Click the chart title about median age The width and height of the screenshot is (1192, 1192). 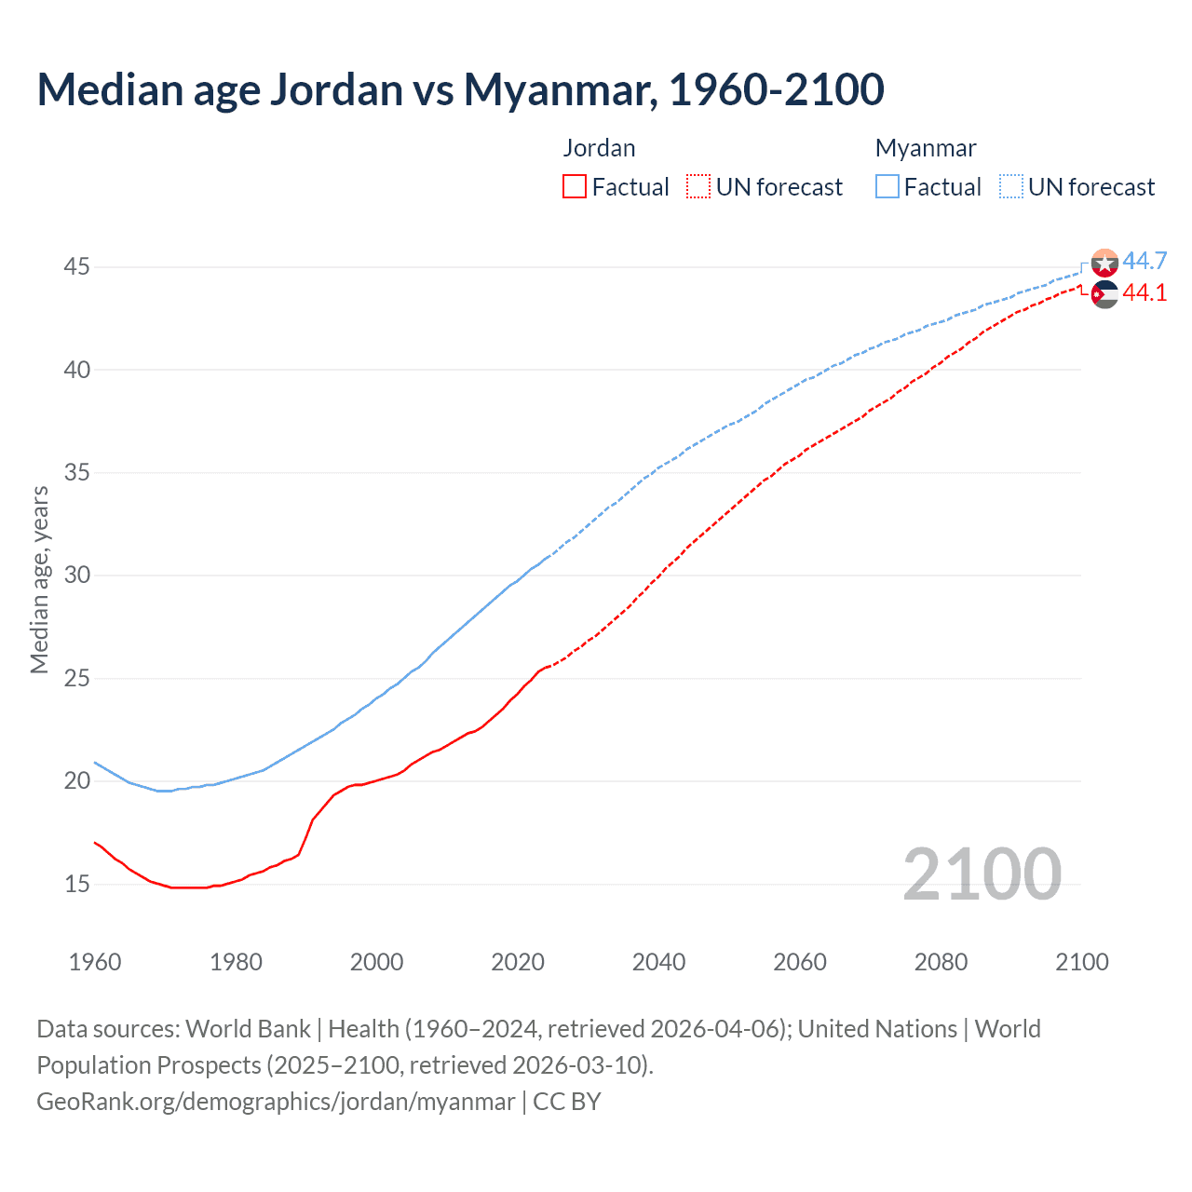(x=460, y=89)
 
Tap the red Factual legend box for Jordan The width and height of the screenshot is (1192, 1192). (x=575, y=187)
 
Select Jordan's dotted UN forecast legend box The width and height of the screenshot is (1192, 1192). (x=698, y=187)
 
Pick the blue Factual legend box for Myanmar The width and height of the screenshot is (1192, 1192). (x=887, y=187)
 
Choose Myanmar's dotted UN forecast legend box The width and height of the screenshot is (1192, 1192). (x=1011, y=187)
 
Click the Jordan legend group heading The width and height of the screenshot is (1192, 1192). (x=599, y=148)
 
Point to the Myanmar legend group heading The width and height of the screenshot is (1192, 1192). (x=926, y=148)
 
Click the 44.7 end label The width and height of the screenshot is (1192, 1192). (x=1145, y=261)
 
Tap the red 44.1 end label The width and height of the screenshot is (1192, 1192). (x=1145, y=292)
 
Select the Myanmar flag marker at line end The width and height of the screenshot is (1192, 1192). (x=1104, y=264)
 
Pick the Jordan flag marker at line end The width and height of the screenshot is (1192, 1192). (x=1104, y=294)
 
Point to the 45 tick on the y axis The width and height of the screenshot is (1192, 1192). (x=76, y=267)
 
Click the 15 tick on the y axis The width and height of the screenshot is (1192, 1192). (x=76, y=884)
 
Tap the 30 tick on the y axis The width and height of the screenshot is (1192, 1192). (x=76, y=576)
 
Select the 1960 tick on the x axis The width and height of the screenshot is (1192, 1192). (x=95, y=962)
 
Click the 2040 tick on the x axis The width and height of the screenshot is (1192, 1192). (x=658, y=962)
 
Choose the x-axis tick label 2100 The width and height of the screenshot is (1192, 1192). (x=1081, y=962)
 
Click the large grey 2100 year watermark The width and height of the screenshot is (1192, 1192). (x=982, y=874)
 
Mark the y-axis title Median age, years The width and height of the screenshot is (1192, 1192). (x=39, y=579)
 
